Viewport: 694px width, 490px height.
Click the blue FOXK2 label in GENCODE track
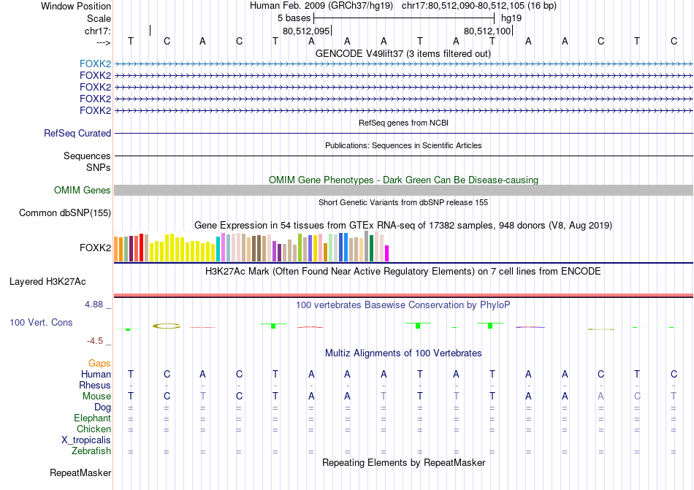pyautogui.click(x=95, y=64)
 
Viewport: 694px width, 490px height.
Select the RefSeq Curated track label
pyautogui.click(x=77, y=134)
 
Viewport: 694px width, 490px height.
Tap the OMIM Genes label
pyautogui.click(x=83, y=191)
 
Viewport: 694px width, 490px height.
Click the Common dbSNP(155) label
pyautogui.click(x=65, y=213)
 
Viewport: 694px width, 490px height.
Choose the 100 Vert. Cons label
pyautogui.click(x=41, y=322)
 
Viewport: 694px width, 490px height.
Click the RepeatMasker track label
pyautogui.click(x=80, y=473)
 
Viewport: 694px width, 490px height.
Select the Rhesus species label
pyautogui.click(x=96, y=386)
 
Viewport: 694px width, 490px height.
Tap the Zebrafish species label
pyautogui.click(x=91, y=451)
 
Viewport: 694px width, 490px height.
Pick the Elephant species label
pyautogui.click(x=92, y=418)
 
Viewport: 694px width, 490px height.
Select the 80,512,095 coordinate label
pyautogui.click(x=306, y=31)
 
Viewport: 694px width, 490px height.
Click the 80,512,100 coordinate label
pyautogui.click(x=487, y=31)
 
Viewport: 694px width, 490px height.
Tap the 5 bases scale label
pyautogui.click(x=294, y=18)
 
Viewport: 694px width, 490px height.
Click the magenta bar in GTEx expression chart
pyautogui.click(x=386, y=253)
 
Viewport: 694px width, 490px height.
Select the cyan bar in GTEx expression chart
pyautogui.click(x=218, y=249)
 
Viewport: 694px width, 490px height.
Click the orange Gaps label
pyautogui.click(x=99, y=363)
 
